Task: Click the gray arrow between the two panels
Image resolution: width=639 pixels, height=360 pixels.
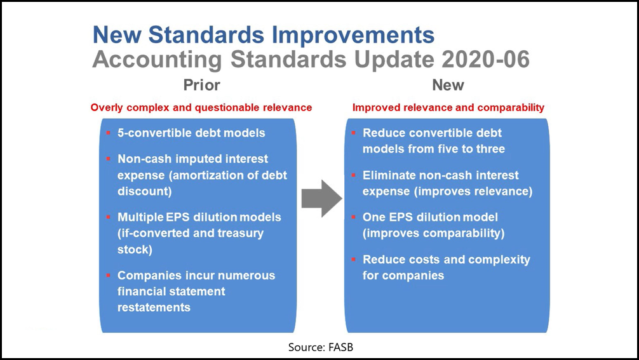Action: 321,198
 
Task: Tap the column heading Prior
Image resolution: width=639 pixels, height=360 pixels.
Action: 202,85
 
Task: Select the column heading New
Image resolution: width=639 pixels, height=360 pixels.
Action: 448,85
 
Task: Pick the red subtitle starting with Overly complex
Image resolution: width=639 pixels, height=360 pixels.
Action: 201,107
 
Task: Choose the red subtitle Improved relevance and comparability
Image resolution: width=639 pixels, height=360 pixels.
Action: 448,107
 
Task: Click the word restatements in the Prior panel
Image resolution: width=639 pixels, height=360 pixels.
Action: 154,307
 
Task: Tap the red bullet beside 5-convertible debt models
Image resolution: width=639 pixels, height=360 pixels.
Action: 109,133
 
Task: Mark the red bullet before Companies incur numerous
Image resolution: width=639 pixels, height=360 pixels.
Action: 109,276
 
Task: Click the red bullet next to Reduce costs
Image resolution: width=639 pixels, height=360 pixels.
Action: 353,260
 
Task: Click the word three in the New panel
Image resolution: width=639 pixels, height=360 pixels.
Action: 490,149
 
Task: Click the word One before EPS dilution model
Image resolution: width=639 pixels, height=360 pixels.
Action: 373,217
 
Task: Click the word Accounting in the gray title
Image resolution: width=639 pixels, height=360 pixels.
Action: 157,60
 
